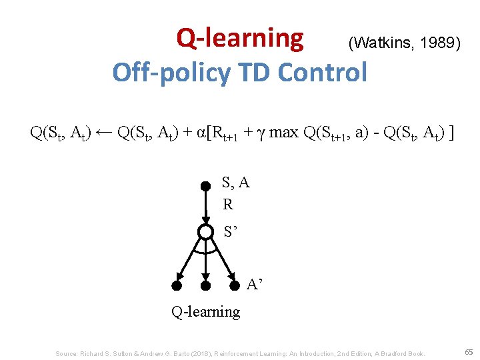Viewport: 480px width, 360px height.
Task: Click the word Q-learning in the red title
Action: click(x=239, y=39)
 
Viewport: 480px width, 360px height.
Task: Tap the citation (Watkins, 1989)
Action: click(x=403, y=44)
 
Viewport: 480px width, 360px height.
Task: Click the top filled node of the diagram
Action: click(x=206, y=187)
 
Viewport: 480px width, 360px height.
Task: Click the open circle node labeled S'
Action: click(x=206, y=232)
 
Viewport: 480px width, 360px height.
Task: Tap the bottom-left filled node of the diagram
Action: click(x=177, y=286)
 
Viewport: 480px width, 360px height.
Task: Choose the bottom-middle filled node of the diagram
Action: click(x=206, y=286)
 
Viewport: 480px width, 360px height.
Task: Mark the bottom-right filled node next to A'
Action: click(x=235, y=286)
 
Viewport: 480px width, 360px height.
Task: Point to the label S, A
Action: click(x=236, y=183)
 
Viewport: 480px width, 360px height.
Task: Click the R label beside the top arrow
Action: click(x=228, y=205)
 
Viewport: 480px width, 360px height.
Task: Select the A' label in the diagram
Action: click(x=255, y=285)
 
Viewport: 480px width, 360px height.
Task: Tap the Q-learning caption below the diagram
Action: click(x=206, y=311)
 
